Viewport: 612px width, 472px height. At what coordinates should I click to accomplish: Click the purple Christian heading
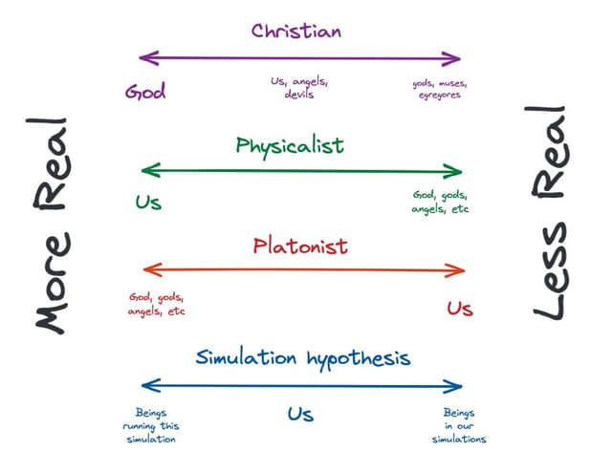296,31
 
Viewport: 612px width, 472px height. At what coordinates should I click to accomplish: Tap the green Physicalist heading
290,146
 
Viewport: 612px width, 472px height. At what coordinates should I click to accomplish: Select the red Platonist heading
300,247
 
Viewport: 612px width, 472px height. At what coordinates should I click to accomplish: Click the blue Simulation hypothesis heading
303,358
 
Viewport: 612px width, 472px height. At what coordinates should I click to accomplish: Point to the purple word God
145,92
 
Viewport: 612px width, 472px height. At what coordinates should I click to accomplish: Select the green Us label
148,202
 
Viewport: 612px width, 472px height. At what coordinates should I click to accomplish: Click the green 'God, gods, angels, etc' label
441,201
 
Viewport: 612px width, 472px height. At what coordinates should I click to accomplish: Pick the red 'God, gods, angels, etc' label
157,304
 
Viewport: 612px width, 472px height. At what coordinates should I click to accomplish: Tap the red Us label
460,308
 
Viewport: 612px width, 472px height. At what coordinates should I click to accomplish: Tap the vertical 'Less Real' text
551,222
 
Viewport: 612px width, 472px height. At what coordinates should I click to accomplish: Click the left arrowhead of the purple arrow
145,58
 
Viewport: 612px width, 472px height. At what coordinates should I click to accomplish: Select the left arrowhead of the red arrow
145,270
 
